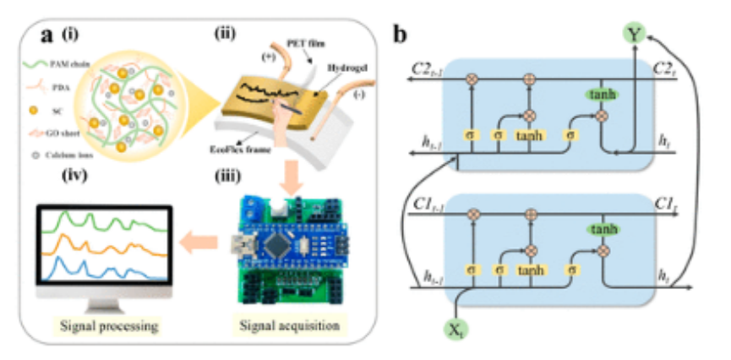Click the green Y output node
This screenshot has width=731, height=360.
(635, 35)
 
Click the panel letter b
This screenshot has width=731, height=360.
(400, 35)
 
